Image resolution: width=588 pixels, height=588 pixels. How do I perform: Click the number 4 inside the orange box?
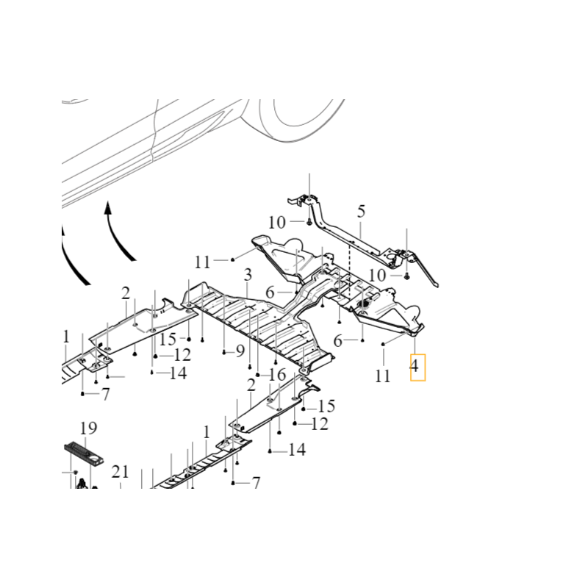pyautogui.click(x=417, y=365)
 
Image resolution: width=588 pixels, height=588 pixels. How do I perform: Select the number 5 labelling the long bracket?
pyautogui.click(x=361, y=212)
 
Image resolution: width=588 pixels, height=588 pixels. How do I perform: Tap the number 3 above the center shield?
pyautogui.click(x=248, y=275)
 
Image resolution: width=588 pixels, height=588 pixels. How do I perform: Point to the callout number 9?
pyautogui.click(x=240, y=351)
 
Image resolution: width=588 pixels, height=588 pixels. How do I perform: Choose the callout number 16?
pyautogui.click(x=276, y=375)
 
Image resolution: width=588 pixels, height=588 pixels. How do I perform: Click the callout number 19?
pyautogui.click(x=88, y=428)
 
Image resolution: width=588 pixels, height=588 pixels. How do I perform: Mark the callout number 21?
pyautogui.click(x=120, y=472)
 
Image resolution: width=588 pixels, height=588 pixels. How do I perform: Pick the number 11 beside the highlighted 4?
pyautogui.click(x=382, y=376)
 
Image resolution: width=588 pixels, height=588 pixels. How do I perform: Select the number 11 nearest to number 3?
pyautogui.click(x=203, y=261)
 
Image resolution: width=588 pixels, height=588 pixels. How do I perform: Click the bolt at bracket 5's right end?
pyautogui.click(x=406, y=276)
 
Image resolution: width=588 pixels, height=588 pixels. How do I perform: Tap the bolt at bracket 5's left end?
pyautogui.click(x=309, y=220)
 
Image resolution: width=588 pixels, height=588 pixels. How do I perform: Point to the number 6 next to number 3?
pyautogui.click(x=270, y=293)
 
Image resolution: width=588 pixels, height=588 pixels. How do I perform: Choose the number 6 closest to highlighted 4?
pyautogui.click(x=338, y=341)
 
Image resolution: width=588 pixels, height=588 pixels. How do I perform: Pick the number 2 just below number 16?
pyautogui.click(x=251, y=386)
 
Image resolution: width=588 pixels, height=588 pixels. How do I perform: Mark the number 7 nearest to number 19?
pyautogui.click(x=105, y=394)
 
